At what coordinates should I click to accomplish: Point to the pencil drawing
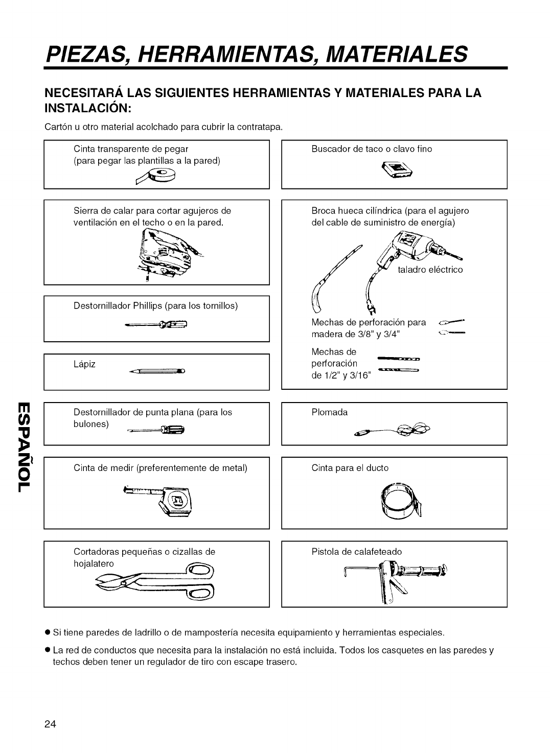click(x=156, y=371)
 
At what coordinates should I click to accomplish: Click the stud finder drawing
click(x=397, y=168)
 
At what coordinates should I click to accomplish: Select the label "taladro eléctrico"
click(x=430, y=270)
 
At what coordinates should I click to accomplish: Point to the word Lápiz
click(x=85, y=364)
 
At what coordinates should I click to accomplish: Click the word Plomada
click(x=330, y=412)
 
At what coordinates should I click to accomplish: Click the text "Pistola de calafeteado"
click(x=357, y=552)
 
